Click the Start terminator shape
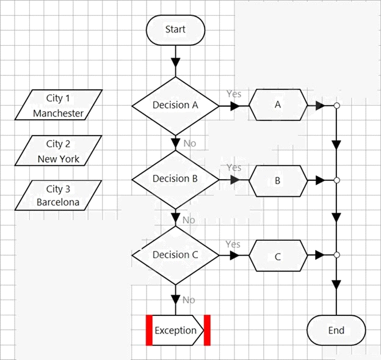(175, 30)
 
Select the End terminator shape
(336, 330)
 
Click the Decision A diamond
(175, 106)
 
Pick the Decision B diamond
(175, 180)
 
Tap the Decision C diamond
(175, 255)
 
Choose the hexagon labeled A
(278, 105)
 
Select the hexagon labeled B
(278, 181)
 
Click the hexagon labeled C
(278, 256)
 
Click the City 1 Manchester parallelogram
(59, 105)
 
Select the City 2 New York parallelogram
(59, 150)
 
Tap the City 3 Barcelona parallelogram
(59, 196)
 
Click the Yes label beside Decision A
(234, 94)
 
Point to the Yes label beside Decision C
(233, 244)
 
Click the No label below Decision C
(189, 300)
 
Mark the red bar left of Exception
(149, 330)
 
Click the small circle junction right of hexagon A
(336, 106)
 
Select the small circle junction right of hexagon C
(336, 255)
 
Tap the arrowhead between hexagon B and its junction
(321, 180)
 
